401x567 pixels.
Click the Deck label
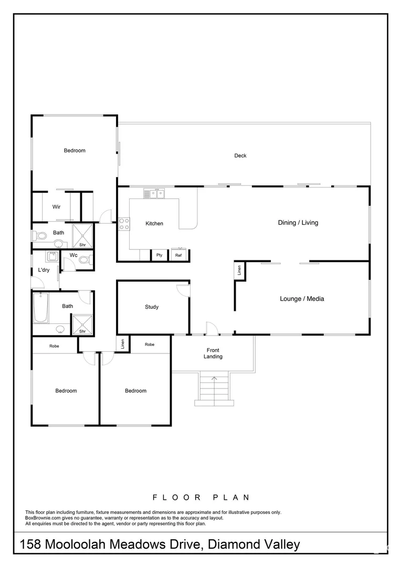pos(240,155)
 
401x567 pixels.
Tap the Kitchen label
pos(154,224)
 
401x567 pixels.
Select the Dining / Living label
pos(298,223)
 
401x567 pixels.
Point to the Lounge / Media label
pos(302,299)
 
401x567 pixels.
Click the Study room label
pos(152,307)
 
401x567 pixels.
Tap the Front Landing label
pos(213,353)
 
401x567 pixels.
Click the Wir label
pos(57,207)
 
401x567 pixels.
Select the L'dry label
pos(44,270)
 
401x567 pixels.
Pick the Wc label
pos(73,256)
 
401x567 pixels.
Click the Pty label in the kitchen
pos(159,256)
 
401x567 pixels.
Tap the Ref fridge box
pos(178,255)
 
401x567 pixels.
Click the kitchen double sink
pos(154,194)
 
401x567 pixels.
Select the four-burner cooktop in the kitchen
pos(123,224)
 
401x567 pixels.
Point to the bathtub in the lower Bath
pos(40,308)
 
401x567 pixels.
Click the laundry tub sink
pos(52,256)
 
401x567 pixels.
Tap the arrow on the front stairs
pos(214,378)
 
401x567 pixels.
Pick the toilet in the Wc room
pos(89,259)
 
